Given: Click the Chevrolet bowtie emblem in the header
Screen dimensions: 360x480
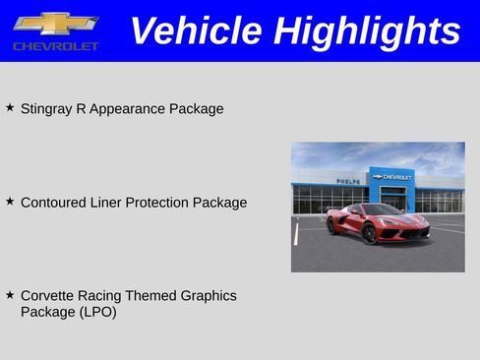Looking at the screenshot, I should tap(55, 23).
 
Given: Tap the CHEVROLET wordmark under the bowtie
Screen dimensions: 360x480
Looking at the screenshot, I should tap(55, 46).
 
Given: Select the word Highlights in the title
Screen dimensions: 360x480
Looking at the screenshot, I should tap(367, 30).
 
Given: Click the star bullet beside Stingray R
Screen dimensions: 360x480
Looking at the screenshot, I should tap(10, 107).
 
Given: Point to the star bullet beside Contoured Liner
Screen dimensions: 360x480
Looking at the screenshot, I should tap(10, 201).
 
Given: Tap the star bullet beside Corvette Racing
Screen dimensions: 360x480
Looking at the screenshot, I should tap(10, 294).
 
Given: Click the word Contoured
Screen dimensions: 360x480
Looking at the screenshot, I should tap(56, 203).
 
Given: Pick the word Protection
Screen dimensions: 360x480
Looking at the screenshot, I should tap(159, 203).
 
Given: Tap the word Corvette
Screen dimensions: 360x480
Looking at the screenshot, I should tap(48, 295).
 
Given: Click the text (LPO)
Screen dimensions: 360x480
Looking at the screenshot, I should tap(98, 313).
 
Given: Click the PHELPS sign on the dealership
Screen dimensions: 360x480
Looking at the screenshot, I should tap(347, 182).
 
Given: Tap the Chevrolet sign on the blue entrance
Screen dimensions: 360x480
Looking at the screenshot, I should tap(392, 177).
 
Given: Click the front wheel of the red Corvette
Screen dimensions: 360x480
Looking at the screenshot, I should tap(369, 233).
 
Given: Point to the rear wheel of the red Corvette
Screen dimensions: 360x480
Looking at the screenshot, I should tap(332, 225).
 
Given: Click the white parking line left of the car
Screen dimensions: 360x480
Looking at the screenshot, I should tap(295, 233).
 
